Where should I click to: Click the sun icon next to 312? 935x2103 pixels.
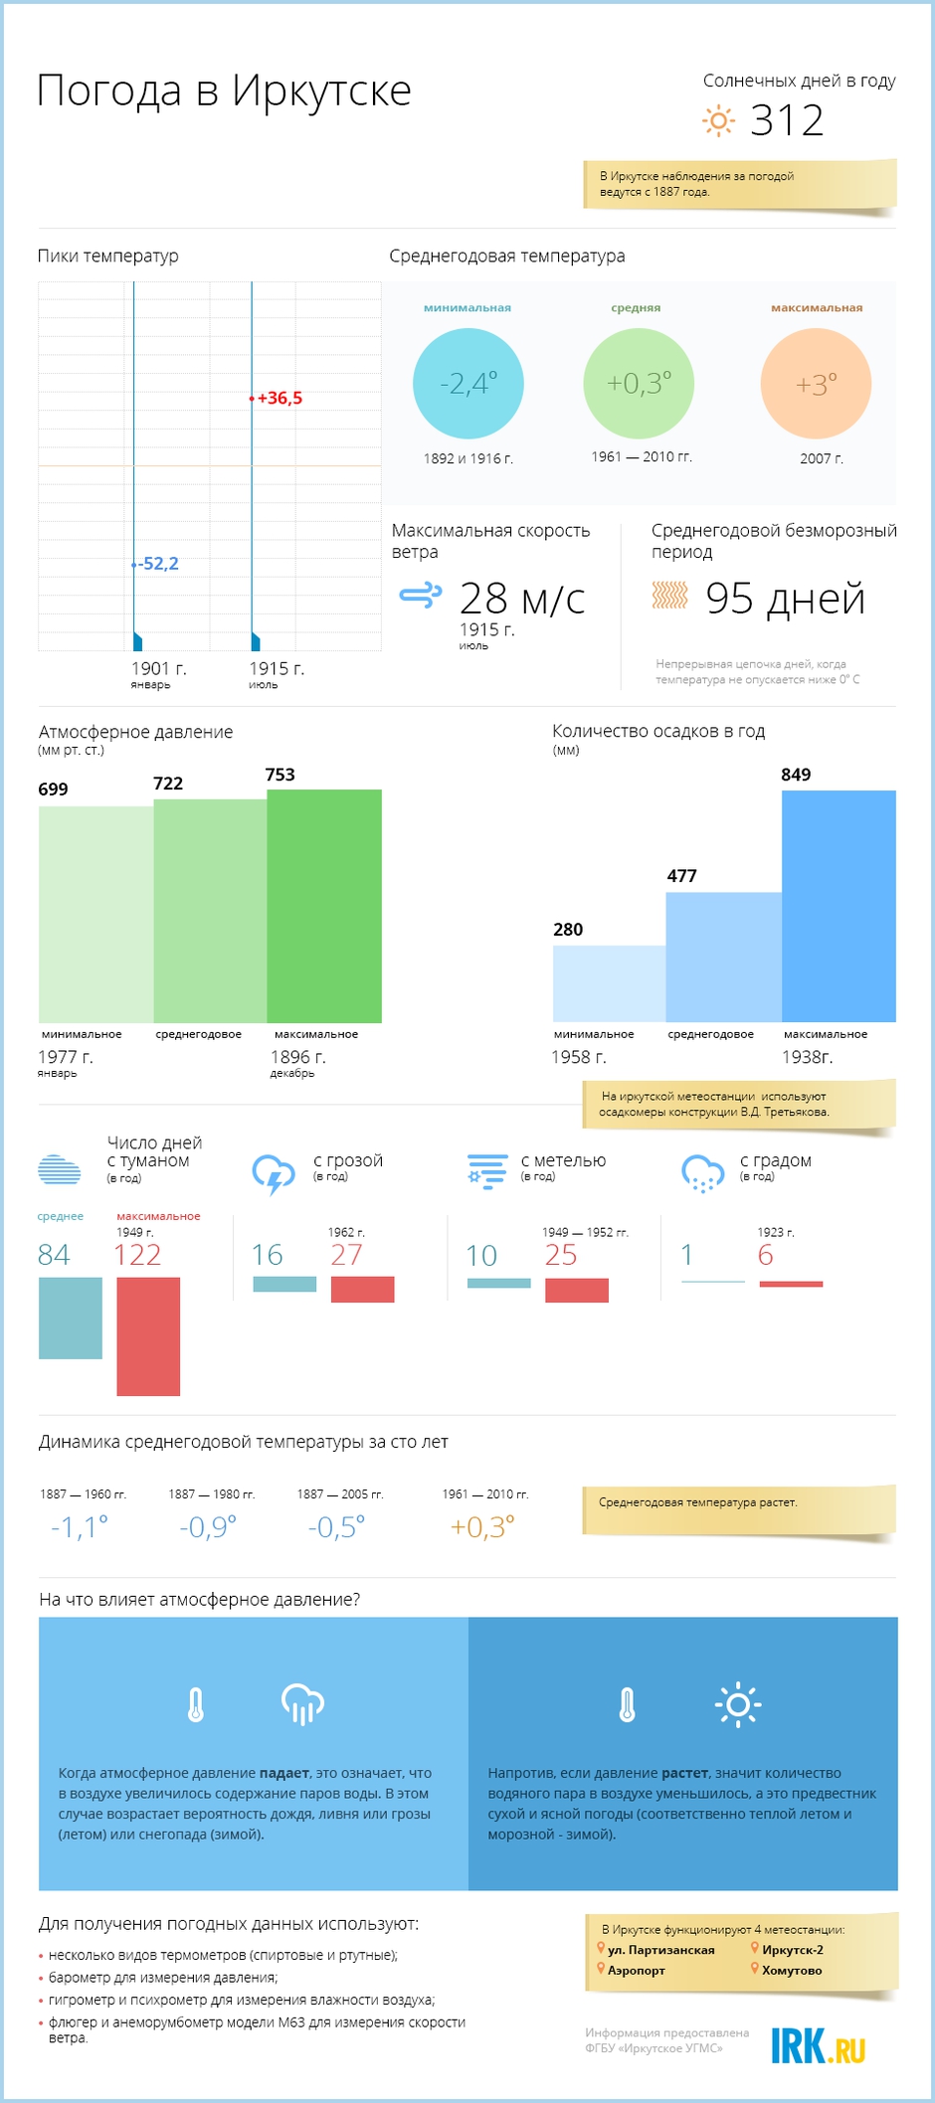718,121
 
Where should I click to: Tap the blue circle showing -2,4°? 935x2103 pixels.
467,384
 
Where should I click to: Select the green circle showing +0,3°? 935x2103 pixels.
639,384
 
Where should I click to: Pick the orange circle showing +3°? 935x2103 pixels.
816,384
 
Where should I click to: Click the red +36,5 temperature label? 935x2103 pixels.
280,399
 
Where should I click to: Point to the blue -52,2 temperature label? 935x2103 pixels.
159,564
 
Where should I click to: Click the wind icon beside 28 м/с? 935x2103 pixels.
420,596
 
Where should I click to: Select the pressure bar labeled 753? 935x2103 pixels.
324,906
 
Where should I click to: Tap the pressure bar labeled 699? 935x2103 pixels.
95,915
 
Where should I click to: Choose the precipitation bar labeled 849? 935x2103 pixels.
839,906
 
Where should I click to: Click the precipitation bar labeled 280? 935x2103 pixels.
609,983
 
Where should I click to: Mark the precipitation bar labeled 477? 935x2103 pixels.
723,958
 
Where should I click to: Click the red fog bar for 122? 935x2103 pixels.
148,1336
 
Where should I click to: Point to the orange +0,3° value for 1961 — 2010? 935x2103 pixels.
482,1526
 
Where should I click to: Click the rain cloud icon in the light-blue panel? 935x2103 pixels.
303,1704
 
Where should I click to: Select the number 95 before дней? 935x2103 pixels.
729,599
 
